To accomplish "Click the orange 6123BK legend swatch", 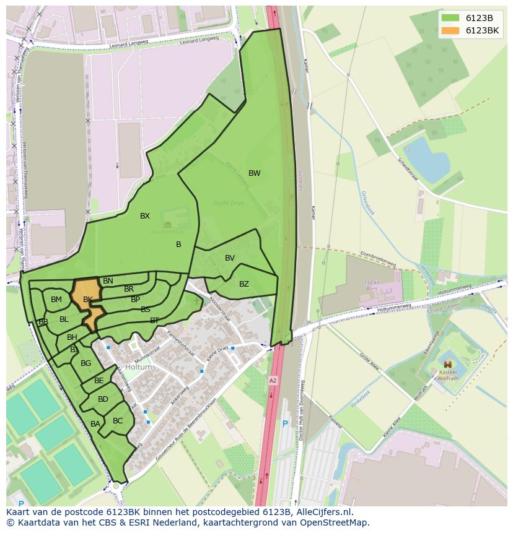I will [450, 30].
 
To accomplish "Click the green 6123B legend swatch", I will [450, 18].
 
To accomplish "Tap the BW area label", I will [255, 173].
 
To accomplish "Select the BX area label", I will [145, 216].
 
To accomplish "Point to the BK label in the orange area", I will [88, 300].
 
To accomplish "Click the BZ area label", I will [244, 284].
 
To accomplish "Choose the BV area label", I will [230, 258].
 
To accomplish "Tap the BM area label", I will [56, 300].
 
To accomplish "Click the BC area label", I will [118, 421].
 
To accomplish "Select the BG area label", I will [85, 363].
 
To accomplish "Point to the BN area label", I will [108, 281].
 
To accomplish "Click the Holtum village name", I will [138, 367].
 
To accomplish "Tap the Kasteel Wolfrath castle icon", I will [447, 365].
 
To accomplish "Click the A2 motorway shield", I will [273, 380].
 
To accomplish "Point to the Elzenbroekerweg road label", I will [378, 259].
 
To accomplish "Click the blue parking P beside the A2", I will [285, 424].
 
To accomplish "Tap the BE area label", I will [99, 381].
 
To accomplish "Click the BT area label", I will [154, 320].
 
